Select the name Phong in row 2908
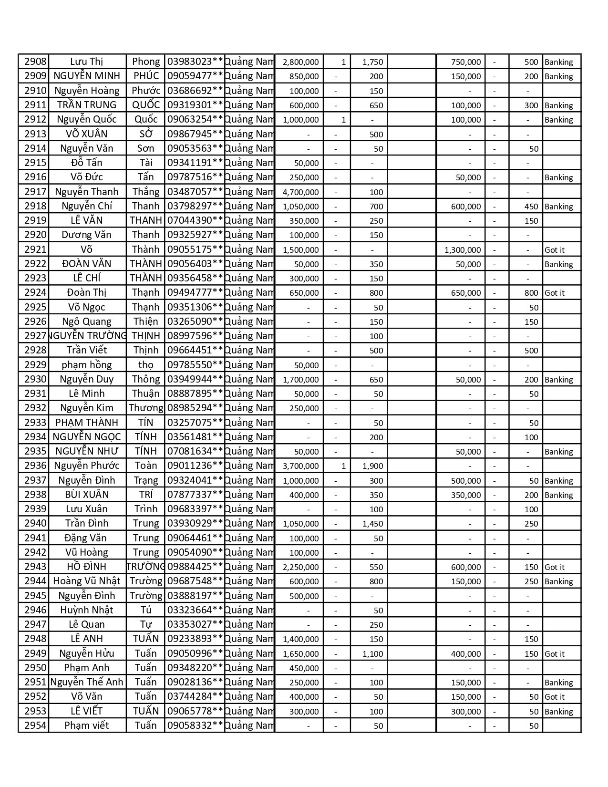[146, 62]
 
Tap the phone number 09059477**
[195, 76]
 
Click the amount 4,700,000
[301, 192]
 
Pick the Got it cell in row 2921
[555, 250]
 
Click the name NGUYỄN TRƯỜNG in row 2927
[88, 336]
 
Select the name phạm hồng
[87, 365]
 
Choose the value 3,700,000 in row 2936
[301, 466]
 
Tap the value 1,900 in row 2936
[373, 466]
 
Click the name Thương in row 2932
[146, 408]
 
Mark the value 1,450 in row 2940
[373, 524]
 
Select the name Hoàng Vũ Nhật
[87, 581]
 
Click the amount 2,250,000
[301, 567]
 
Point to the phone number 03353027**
[195, 624]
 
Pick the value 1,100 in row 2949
[373, 654]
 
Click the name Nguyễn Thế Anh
[87, 682]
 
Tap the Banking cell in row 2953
[559, 712]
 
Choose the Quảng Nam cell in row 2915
[249, 163]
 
